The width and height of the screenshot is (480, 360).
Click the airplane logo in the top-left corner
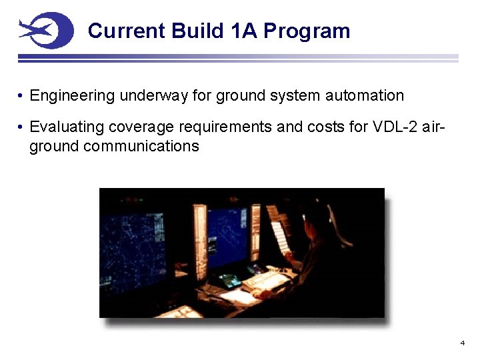pos(45,31)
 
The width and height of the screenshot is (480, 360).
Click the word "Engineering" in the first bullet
pos(73,96)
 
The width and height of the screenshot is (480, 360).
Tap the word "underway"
pos(154,96)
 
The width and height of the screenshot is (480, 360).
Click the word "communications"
pos(141,146)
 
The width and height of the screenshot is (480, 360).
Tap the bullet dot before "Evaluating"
pos(22,127)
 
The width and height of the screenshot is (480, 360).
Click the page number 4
pos(462,343)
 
